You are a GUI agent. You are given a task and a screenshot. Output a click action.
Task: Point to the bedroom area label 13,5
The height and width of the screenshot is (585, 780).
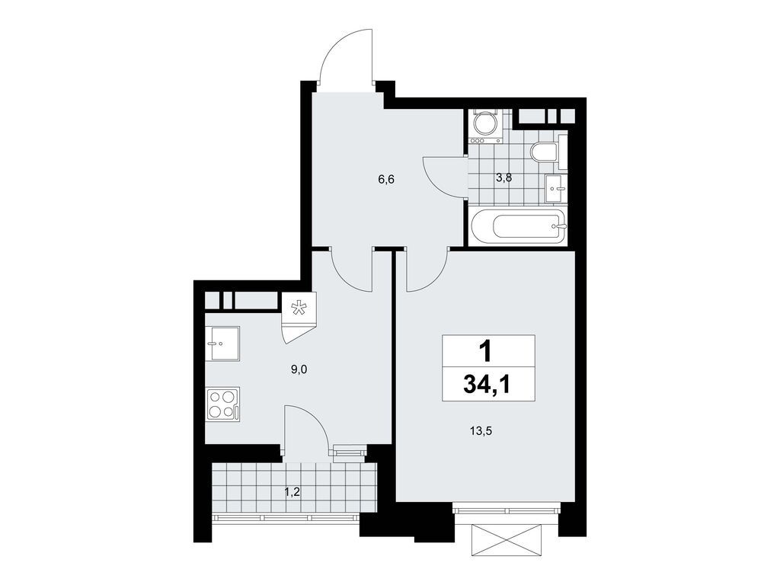tap(481, 430)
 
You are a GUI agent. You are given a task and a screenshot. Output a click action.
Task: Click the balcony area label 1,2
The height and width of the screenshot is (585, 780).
tap(292, 492)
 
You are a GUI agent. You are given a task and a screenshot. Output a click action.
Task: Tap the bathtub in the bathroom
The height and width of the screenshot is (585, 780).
tap(518, 227)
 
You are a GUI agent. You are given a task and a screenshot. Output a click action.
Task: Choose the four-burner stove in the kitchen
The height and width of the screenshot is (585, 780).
tap(222, 404)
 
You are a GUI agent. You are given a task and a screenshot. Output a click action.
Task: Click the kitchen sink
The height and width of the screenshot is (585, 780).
tap(222, 344)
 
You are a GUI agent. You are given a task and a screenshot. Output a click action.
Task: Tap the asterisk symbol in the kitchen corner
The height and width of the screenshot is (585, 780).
tap(300, 308)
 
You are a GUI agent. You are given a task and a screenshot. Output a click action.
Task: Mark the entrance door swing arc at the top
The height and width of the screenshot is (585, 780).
tap(347, 53)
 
